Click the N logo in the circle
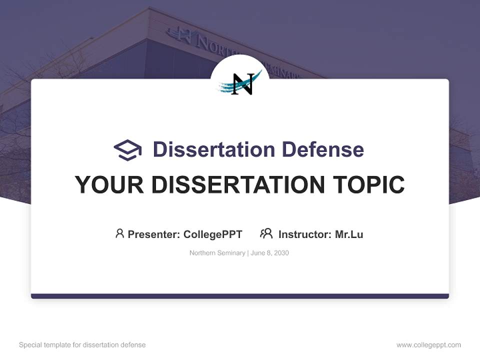240,83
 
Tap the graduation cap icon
127,149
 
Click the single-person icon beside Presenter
119,233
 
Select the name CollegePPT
212,234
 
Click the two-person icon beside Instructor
266,233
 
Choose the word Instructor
303,234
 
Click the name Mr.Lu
349,234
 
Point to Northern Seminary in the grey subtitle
217,253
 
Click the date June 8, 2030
269,253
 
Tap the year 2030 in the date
281,253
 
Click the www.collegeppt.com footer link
428,345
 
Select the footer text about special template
82,345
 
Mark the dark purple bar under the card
240,296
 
